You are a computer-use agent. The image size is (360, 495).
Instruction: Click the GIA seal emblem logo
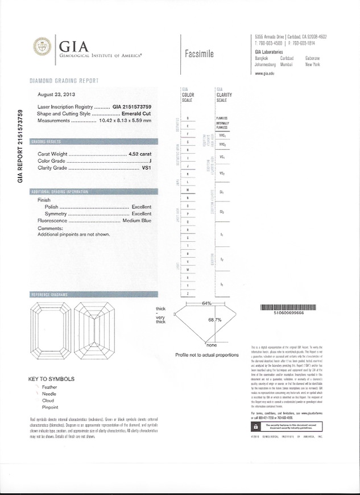coord(42,46)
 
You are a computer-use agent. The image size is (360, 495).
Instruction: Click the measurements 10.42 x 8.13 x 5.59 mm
coord(125,120)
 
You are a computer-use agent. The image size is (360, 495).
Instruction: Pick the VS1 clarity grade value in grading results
coord(147,168)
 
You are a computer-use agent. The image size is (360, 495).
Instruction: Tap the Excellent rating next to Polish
coord(142,207)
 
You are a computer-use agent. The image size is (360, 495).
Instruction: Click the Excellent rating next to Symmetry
coord(142,213)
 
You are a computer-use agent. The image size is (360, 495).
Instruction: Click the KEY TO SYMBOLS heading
coord(51,379)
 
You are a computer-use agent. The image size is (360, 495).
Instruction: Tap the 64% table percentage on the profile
coord(206,303)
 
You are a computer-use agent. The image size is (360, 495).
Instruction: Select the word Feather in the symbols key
coord(50,387)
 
